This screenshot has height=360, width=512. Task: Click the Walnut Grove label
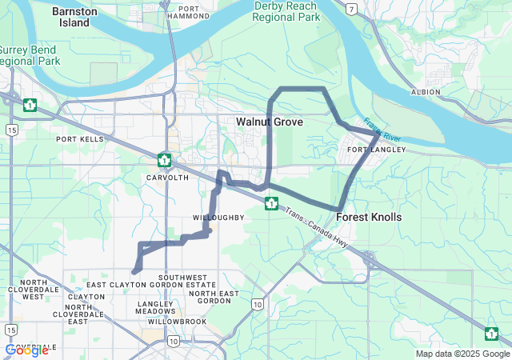coord(270,122)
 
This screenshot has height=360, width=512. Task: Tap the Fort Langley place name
coord(377,150)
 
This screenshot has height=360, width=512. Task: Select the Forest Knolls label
coord(369,217)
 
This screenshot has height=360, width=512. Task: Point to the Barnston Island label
coord(74,17)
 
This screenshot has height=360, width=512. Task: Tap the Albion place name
coord(425,92)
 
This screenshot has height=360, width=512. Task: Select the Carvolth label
coord(167,177)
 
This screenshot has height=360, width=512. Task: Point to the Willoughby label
coord(218,218)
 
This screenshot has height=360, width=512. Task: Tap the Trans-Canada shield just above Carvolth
coord(164,159)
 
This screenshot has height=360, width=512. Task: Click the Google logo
coord(26,350)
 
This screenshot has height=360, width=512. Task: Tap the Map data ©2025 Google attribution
coord(462,354)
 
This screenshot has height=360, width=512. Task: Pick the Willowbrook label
coord(171,322)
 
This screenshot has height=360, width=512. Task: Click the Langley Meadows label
coord(155,308)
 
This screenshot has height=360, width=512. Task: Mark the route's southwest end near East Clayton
coord(134,272)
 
